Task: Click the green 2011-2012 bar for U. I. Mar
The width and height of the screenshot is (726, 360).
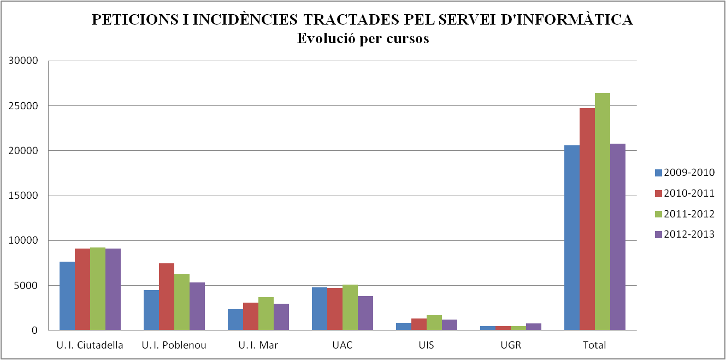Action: point(266,314)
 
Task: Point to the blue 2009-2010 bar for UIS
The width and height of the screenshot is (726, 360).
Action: point(404,327)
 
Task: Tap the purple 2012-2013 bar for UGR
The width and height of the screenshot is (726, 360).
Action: point(534,327)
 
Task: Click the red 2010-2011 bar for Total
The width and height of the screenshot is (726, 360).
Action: point(587,219)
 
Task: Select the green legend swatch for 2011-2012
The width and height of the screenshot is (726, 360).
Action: point(658,214)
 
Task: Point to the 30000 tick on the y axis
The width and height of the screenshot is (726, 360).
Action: point(23,61)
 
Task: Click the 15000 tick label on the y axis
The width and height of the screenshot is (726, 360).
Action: point(23,196)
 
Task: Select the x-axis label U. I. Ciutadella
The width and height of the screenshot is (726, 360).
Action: point(90,345)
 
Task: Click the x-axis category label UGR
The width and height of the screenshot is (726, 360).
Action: point(511,345)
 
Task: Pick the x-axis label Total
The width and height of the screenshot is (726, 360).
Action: point(595,345)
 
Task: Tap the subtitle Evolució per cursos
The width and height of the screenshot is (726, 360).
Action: point(363,39)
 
